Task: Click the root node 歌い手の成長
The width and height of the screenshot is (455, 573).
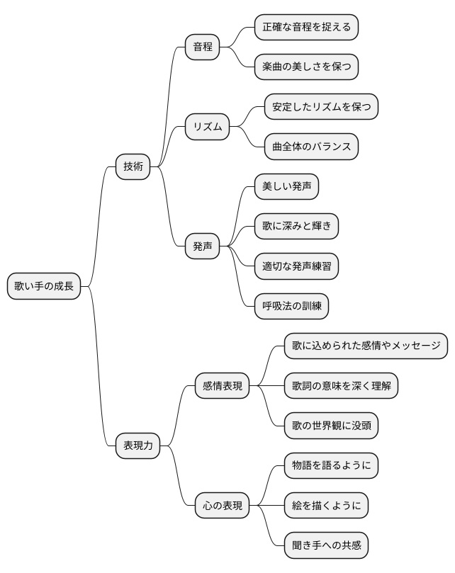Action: click(45, 286)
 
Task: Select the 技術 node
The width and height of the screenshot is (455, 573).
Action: click(133, 166)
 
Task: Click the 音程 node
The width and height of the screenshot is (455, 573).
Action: click(203, 47)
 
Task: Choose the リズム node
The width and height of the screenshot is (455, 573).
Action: click(208, 127)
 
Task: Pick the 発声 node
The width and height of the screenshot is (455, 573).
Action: click(203, 246)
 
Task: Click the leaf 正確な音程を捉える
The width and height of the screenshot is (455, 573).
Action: click(306, 27)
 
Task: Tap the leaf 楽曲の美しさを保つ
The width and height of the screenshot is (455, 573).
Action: click(306, 67)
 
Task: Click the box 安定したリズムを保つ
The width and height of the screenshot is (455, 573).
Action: click(321, 107)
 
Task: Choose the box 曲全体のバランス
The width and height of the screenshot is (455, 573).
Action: click(311, 147)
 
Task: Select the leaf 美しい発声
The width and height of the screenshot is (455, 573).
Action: click(286, 186)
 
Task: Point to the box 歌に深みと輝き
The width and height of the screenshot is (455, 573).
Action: click(296, 227)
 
